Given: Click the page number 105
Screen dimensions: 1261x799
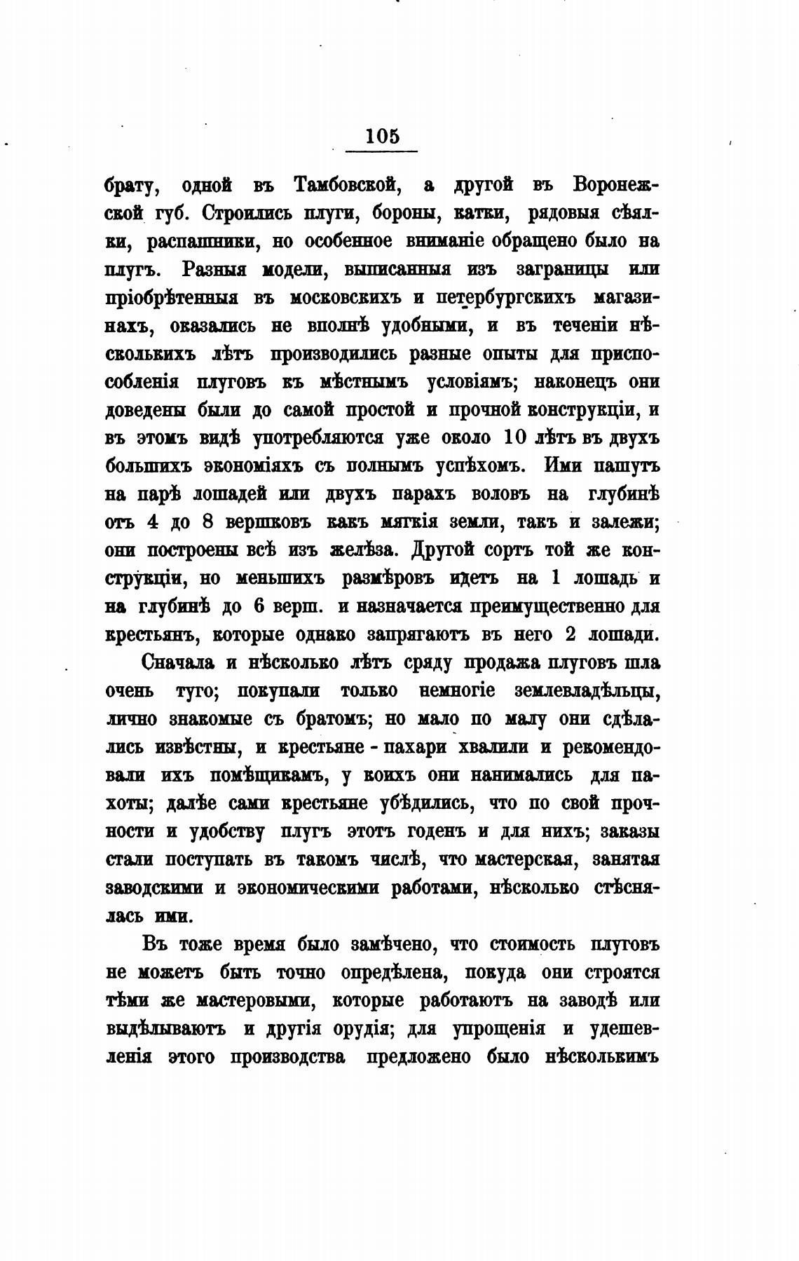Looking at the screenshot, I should pyautogui.click(x=382, y=135).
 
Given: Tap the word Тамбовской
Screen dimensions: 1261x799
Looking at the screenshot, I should pyautogui.click(x=348, y=185).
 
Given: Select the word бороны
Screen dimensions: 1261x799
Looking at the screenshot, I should pyautogui.click(x=402, y=213).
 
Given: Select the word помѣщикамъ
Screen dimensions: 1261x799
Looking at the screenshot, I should pyautogui.click(x=266, y=775).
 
